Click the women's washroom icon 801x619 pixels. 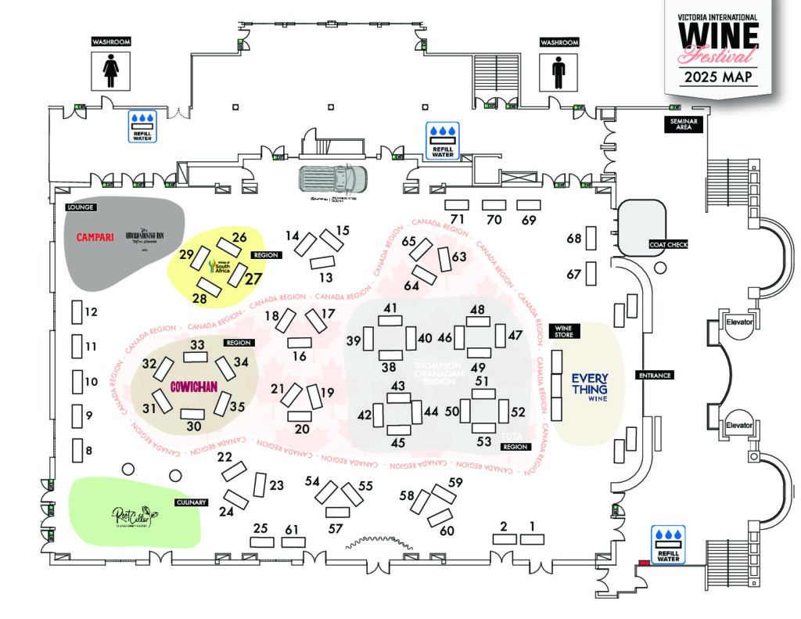tap(110, 72)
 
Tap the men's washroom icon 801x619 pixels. tap(558, 72)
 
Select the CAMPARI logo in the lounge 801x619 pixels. tap(95, 236)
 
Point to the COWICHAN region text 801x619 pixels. tap(192, 387)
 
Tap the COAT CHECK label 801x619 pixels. tap(667, 245)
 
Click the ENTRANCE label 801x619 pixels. tap(655, 376)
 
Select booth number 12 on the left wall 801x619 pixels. tap(91, 312)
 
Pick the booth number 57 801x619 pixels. tap(336, 529)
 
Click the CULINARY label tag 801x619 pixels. tap(190, 502)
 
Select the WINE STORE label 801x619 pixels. tap(564, 331)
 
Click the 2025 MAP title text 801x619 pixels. tap(717, 77)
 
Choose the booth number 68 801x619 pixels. tap(574, 238)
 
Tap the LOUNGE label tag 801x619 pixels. tap(81, 207)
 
